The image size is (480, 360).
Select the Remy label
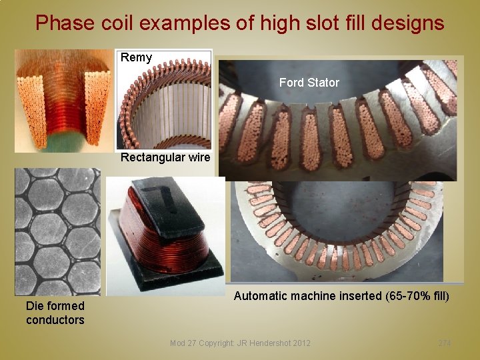[136, 57]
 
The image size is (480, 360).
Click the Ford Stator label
[309, 83]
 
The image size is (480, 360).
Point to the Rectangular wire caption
[165, 158]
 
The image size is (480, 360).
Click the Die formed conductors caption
[55, 313]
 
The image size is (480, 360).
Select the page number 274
[444, 343]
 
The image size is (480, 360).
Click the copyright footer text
[240, 343]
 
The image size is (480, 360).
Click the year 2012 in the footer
[300, 343]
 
